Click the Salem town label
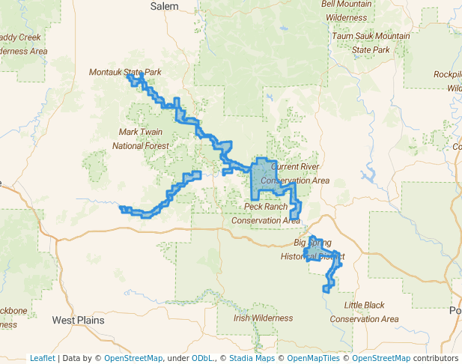pos(165,6)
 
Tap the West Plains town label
pos(78,320)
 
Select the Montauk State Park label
pos(125,72)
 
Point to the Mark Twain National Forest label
pos(141,139)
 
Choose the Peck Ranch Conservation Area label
pos(266,213)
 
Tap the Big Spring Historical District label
pos(312,249)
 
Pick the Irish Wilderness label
pos(263,318)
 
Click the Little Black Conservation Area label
pos(364,312)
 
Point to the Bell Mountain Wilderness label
pos(346,10)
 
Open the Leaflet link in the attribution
pos(42,358)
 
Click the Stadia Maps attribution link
pos(252,358)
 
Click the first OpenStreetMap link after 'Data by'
pos(133,358)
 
